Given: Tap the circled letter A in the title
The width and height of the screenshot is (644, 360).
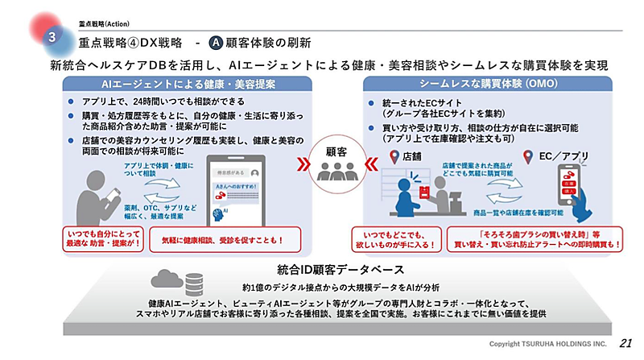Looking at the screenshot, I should pos(215,40).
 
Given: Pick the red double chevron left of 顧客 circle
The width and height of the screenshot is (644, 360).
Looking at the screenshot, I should pos(303,164).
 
